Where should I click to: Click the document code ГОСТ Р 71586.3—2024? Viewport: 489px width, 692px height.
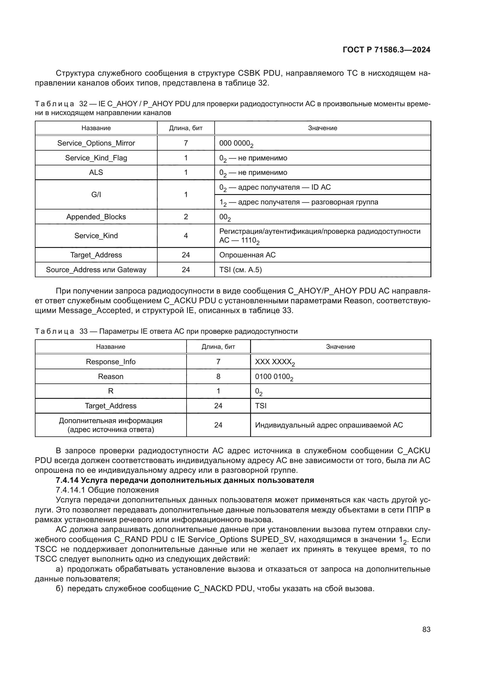point(386,50)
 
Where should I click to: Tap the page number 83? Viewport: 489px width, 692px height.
point(426,629)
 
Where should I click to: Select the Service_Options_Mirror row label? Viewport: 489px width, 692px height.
point(96,143)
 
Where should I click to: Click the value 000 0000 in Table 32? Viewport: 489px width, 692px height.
point(236,143)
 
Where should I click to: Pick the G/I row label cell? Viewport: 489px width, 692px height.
point(96,195)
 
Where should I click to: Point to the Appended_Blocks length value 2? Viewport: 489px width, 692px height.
point(186,217)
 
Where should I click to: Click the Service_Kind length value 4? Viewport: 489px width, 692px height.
point(186,236)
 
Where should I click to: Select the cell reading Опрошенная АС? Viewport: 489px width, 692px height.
point(247,255)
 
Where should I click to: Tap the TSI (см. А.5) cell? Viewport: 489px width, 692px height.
point(240,270)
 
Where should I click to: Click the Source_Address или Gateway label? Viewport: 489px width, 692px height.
point(96,270)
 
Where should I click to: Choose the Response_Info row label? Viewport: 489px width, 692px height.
point(111,362)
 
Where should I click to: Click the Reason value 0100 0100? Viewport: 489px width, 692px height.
point(274,377)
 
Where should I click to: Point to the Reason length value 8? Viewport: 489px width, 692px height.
point(218,376)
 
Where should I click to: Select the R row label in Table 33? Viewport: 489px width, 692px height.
point(111,391)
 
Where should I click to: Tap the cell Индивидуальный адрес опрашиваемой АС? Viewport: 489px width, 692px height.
point(329,425)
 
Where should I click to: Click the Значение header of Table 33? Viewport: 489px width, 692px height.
point(340,347)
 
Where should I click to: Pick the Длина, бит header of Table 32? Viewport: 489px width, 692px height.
point(186,128)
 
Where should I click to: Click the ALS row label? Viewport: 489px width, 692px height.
point(96,172)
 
